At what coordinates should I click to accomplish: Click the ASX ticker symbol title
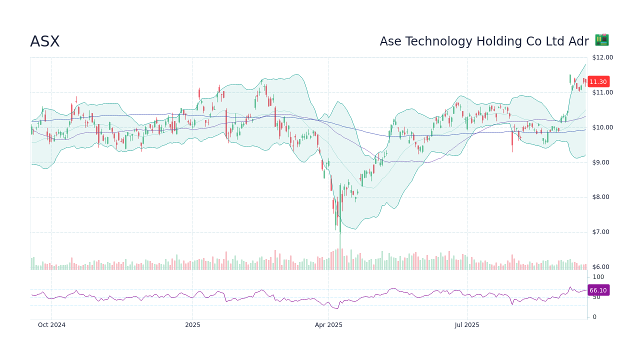tap(45, 41)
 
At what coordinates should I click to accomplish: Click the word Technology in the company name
tap(441, 41)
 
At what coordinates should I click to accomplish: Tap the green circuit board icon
tap(601, 40)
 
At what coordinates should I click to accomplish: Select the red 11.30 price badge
tap(598, 82)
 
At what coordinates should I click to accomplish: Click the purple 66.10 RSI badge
tap(598, 290)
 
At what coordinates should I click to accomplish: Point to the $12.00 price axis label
tap(602, 57)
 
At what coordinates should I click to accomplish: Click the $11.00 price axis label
tap(602, 92)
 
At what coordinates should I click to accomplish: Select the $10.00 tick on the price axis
tap(602, 127)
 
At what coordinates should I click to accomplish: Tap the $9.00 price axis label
tap(602, 162)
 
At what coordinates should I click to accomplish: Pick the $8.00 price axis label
tap(602, 197)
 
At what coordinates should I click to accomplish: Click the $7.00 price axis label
tap(602, 232)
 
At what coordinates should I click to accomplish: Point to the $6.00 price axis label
tap(602, 267)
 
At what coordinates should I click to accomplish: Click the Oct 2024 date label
tap(51, 325)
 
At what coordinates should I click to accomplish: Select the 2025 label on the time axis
tap(192, 325)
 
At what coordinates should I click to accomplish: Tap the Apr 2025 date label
tap(328, 325)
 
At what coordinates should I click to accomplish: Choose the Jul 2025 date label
tap(467, 325)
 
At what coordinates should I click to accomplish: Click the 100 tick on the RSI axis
tap(598, 277)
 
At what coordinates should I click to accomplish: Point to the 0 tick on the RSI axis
tap(594, 317)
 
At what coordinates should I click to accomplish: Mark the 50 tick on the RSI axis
tap(596, 297)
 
